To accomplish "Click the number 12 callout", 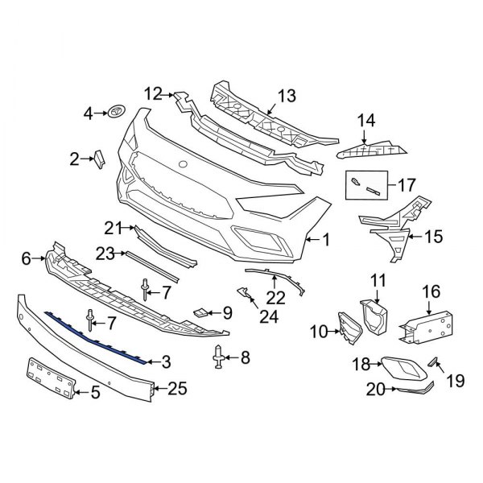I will coord(153,95).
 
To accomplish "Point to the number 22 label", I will coord(275,297).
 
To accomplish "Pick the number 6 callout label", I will coord(25,258).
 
